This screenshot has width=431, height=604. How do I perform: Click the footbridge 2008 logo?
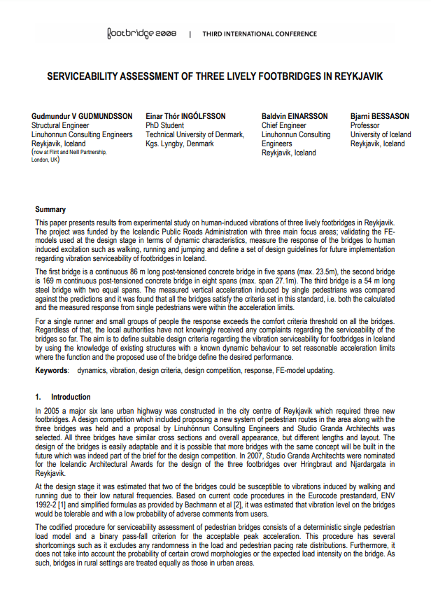click(141, 33)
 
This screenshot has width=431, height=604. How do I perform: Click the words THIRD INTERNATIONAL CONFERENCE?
click(260, 34)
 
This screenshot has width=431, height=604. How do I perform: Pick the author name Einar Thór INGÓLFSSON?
click(187, 115)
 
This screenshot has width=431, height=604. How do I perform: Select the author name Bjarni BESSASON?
click(381, 115)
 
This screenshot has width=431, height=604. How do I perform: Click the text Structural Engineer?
click(61, 125)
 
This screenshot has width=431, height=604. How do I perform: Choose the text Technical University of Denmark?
click(195, 134)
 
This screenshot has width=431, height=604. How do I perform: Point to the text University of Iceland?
click(381, 134)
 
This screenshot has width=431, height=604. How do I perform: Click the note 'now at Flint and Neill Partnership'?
click(69, 152)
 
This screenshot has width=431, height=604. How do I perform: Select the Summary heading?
click(50, 209)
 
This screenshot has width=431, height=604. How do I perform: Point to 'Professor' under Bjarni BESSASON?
click(365, 125)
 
